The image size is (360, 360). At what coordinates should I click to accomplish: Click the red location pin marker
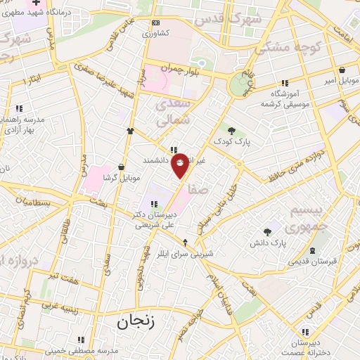point(180,165)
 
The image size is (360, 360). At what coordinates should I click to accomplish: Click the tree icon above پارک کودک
point(231,129)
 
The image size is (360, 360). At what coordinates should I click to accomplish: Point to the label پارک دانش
point(266,243)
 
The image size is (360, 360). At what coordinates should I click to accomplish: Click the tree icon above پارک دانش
point(267,231)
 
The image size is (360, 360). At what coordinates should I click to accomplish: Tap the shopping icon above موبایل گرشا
point(123,167)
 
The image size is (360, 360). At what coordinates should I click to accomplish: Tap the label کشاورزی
point(156,33)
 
